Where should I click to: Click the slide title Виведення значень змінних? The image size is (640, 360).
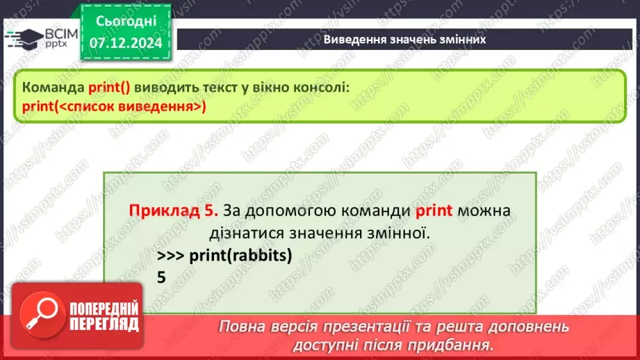click(404, 40)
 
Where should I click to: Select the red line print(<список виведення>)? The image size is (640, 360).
click(114, 106)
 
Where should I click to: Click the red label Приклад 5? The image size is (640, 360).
click(174, 210)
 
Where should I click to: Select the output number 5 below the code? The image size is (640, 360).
click(162, 277)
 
